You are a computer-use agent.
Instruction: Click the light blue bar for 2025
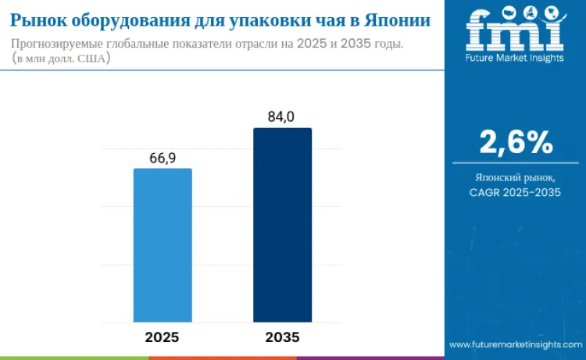tap(163, 245)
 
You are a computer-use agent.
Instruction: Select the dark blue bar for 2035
tap(283, 225)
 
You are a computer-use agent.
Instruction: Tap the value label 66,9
tap(163, 158)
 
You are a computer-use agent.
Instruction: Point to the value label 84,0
tap(281, 117)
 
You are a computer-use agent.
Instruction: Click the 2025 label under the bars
tap(163, 337)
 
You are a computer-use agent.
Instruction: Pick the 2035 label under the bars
tap(283, 337)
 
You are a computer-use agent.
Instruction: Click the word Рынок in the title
tap(38, 20)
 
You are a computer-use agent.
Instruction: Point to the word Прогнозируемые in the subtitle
tap(57, 44)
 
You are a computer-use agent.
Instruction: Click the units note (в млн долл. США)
tap(61, 59)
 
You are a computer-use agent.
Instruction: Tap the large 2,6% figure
tap(516, 142)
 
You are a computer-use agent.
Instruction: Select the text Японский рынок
tap(516, 177)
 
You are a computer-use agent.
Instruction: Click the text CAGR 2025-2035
tap(516, 192)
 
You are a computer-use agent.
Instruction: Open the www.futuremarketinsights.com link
tap(516, 344)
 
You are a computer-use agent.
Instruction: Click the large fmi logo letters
tap(515, 29)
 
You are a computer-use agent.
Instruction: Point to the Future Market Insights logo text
tap(515, 58)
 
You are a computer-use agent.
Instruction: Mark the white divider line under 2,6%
tap(516, 163)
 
